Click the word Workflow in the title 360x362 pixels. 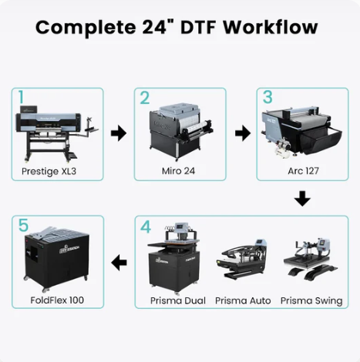click(x=271, y=27)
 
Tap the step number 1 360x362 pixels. click(x=21, y=97)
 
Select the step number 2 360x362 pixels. click(x=145, y=98)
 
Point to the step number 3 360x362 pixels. click(x=267, y=97)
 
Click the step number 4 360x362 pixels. click(x=146, y=226)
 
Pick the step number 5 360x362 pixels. click(x=23, y=225)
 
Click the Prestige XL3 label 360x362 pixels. click(x=49, y=171)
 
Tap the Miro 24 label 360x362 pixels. click(x=178, y=171)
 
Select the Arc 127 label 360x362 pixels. click(x=303, y=171)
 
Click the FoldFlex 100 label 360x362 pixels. click(x=57, y=300)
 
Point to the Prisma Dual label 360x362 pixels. click(x=178, y=300)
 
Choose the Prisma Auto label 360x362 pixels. click(x=243, y=300)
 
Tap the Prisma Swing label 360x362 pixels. click(x=311, y=300)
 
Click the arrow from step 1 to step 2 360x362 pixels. click(x=119, y=133)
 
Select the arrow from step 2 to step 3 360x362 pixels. click(x=243, y=133)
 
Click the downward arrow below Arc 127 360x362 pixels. click(x=302, y=199)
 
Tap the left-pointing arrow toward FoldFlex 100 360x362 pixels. click(x=119, y=263)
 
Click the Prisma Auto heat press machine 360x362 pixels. click(x=241, y=260)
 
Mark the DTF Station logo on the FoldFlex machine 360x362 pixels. click(x=69, y=248)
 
